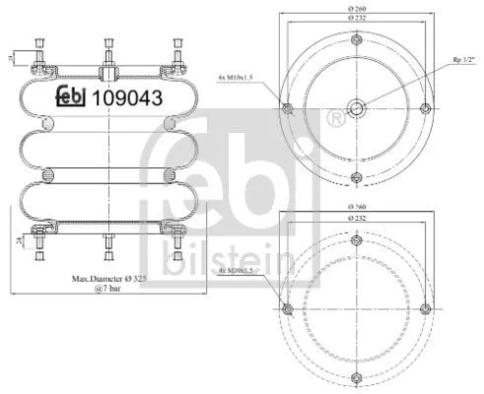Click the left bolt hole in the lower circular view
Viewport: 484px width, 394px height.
pyautogui.click(x=287, y=310)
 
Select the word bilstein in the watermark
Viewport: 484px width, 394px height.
pyautogui.click(x=210, y=259)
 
